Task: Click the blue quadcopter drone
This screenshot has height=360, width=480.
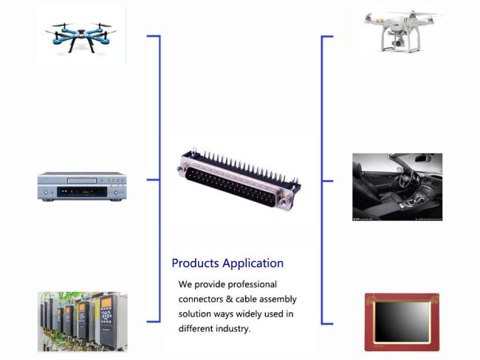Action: (x=80, y=37)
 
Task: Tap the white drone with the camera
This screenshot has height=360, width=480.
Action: (x=402, y=32)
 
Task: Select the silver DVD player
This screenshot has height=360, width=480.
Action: (x=82, y=186)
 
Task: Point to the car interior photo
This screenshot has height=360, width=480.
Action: (x=397, y=187)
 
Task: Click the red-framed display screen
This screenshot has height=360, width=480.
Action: (x=402, y=322)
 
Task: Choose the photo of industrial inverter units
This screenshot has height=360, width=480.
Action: (x=83, y=322)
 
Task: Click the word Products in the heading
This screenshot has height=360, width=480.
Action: (x=195, y=263)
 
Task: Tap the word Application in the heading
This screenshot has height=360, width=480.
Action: (x=253, y=263)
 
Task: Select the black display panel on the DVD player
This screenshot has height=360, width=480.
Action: (x=82, y=192)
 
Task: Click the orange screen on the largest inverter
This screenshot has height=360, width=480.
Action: (x=106, y=303)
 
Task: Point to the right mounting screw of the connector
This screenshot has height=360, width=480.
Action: (x=284, y=202)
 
